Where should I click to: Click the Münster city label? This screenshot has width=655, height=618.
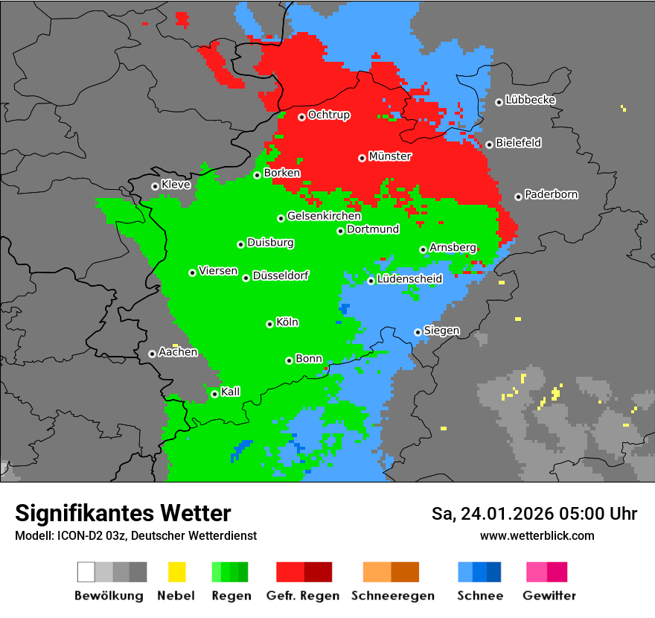pos(390,156)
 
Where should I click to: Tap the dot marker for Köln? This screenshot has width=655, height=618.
pos(270,324)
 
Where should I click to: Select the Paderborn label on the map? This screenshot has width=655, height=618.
pos(551,194)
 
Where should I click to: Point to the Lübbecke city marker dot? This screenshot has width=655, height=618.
pos(499,102)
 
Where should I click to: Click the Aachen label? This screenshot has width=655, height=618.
pos(178,351)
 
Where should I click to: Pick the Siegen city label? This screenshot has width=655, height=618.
pos(441,330)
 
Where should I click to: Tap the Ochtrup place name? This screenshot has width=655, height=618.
pos(329,115)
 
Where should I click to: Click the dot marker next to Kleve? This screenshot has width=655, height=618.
pos(155,186)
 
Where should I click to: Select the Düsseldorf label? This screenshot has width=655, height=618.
pos(281,275)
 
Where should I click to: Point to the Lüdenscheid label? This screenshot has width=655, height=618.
pos(409,278)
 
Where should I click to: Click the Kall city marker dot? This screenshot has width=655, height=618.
pos(215,394)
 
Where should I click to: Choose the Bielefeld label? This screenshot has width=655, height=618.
pos(518,142)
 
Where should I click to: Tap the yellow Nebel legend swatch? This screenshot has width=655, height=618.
pos(176,572)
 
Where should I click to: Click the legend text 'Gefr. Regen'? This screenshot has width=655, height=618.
pos(303,596)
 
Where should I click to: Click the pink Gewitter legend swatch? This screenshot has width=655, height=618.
pos(537,572)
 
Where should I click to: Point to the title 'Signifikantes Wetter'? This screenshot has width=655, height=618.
pos(123,513)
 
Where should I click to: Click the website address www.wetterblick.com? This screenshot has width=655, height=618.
pos(537,535)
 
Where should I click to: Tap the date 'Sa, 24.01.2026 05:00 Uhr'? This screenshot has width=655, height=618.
pos(534,514)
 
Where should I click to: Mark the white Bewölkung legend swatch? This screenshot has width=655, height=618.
pos(86,572)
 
